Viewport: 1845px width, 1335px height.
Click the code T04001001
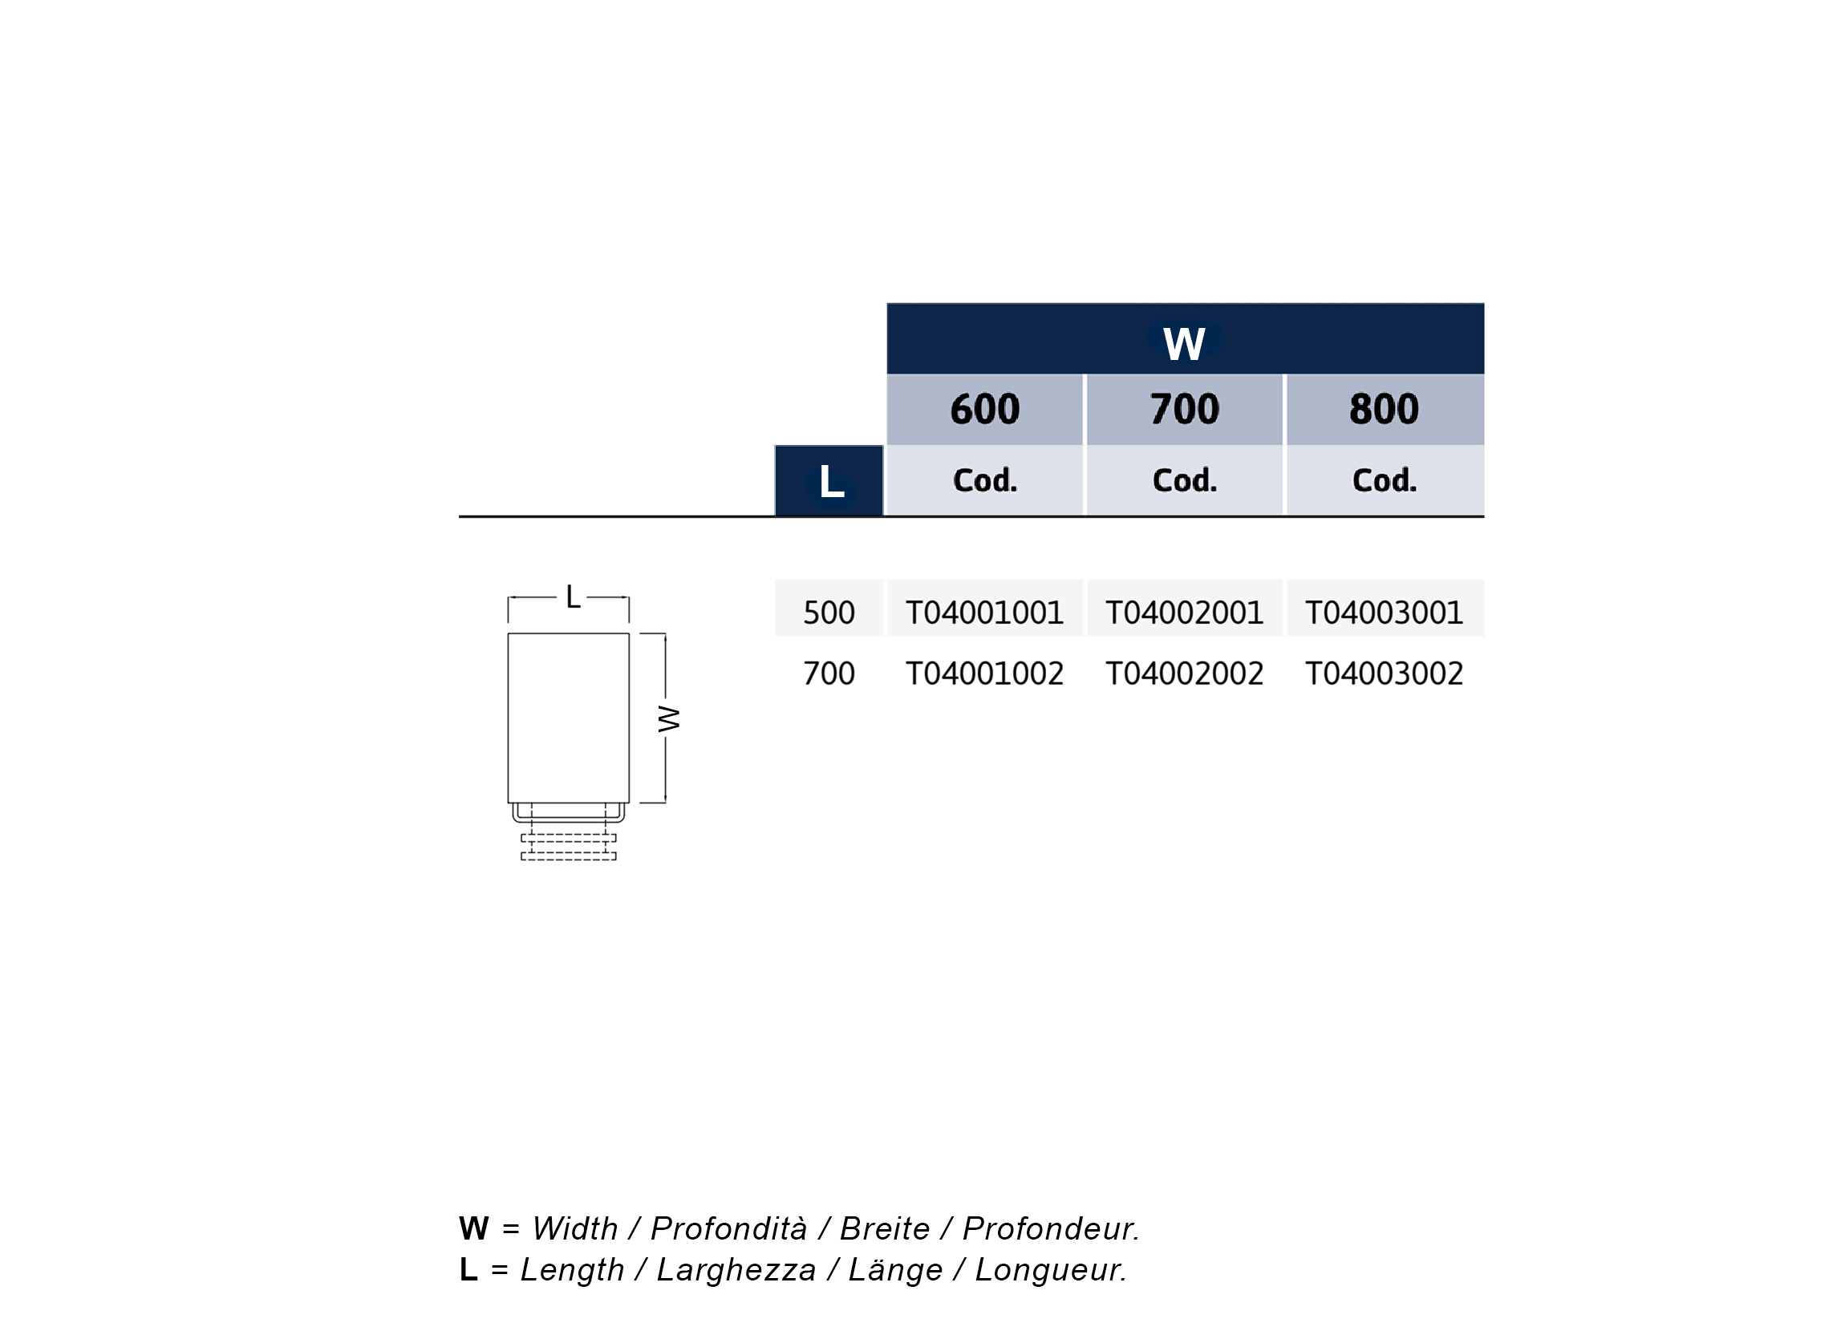[x=984, y=613]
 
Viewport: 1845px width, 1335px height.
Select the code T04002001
[x=1185, y=613]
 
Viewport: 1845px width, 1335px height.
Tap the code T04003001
[x=1384, y=613]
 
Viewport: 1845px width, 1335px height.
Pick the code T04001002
[x=984, y=674]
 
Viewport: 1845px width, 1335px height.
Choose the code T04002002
[x=1185, y=674]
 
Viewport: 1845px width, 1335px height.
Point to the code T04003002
[x=1384, y=674]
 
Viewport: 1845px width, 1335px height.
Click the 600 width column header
[x=984, y=409]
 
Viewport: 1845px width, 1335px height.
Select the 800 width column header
[x=1384, y=409]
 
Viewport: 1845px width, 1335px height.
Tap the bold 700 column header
[x=1185, y=409]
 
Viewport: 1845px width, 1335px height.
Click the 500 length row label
[x=829, y=613]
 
